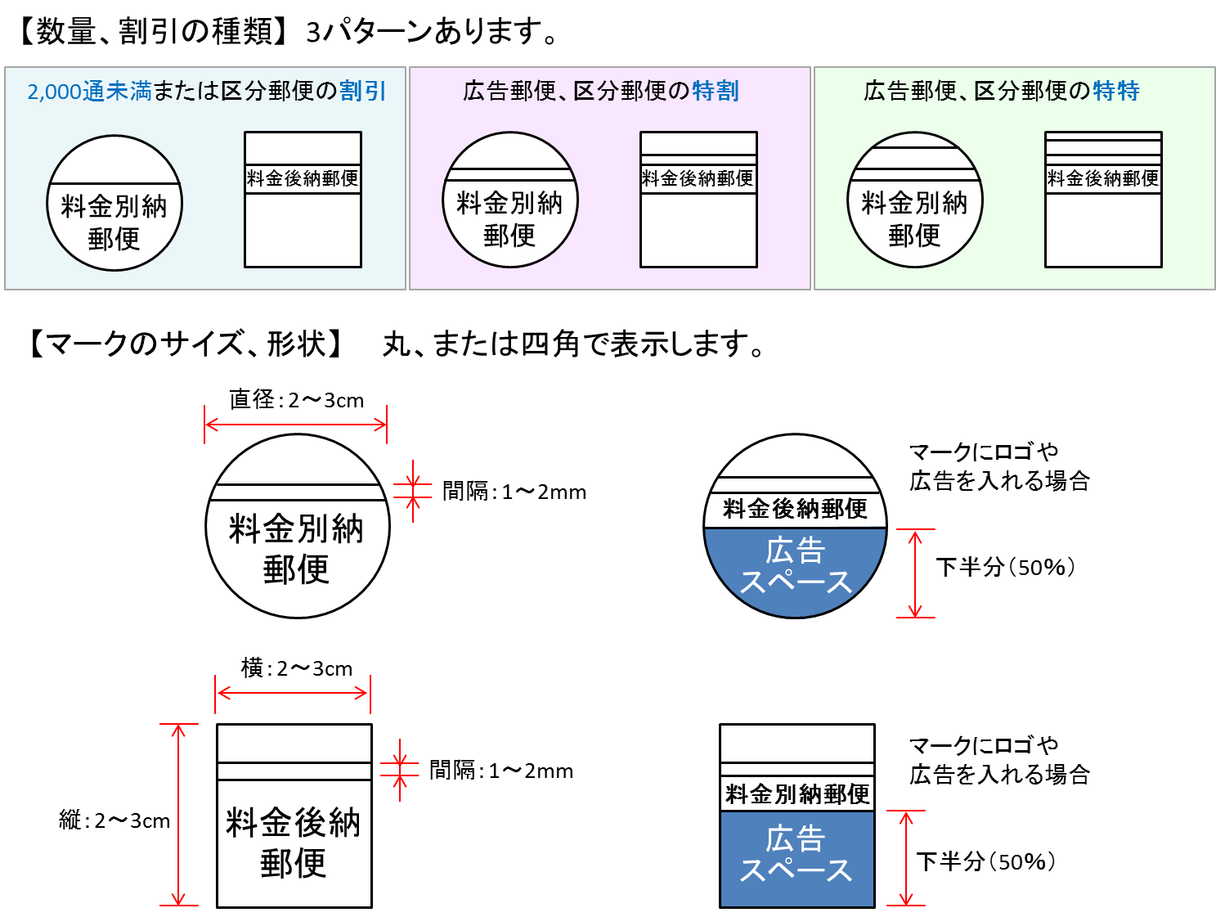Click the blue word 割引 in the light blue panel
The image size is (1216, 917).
(362, 91)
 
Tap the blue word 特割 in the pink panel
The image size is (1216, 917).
(716, 91)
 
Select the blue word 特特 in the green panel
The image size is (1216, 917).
(1116, 91)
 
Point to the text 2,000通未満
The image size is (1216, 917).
(89, 92)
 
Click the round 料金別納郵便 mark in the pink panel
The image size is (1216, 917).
(510, 200)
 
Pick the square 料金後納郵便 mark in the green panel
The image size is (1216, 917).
(1103, 200)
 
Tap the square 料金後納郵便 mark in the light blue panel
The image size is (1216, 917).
(303, 200)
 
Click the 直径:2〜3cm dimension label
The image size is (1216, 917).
(296, 400)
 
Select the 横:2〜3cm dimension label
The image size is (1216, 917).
(296, 668)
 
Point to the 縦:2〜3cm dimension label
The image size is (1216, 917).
(114, 820)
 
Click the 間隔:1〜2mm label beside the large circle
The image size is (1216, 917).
(514, 492)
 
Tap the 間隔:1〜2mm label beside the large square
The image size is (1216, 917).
(500, 771)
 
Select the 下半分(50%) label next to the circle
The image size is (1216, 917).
(1004, 567)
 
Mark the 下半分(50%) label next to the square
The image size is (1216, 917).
(985, 861)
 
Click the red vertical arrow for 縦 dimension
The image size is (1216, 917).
(178, 815)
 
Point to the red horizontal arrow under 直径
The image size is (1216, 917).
(295, 425)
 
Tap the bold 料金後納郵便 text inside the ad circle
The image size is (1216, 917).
(795, 509)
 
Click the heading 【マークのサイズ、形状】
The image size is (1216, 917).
(186, 344)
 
